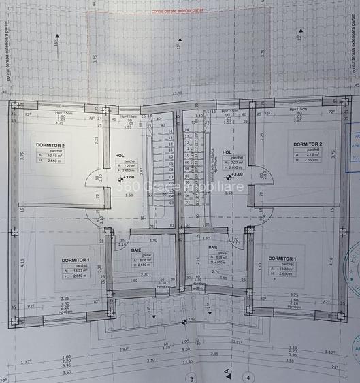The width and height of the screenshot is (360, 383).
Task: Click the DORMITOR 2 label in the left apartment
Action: [x=52, y=145]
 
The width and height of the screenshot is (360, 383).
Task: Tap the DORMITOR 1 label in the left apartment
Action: [x=75, y=261]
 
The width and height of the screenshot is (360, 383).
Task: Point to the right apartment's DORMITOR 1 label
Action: [x=281, y=259]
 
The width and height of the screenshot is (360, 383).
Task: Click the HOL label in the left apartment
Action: [x=120, y=154]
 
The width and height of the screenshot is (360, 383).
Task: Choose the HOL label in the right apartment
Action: [x=227, y=153]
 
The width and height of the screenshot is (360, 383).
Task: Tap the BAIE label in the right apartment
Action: [x=213, y=248]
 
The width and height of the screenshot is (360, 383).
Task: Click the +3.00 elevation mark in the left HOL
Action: [x=127, y=178]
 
